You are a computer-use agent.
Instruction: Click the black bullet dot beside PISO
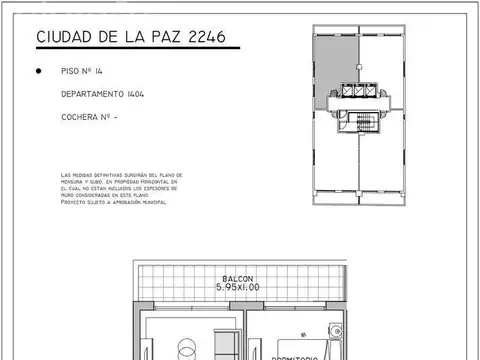click(38, 72)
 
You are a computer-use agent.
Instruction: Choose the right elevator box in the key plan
click(374, 92)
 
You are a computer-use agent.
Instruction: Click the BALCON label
click(237, 278)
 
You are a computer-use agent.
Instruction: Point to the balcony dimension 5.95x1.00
click(237, 287)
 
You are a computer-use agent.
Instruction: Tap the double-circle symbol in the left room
click(187, 350)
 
